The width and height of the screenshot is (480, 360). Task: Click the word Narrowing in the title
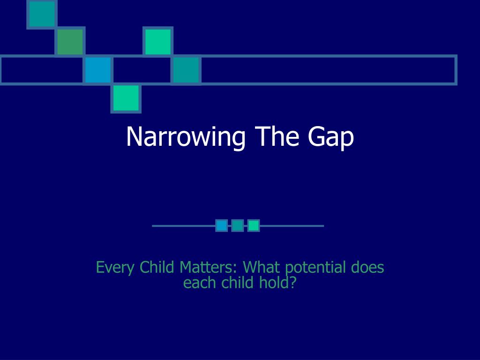click(186, 137)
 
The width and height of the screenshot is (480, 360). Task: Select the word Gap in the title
click(331, 138)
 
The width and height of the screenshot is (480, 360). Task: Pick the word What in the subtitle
click(262, 267)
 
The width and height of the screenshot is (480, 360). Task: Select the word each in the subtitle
click(200, 282)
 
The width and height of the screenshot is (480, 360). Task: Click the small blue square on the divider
click(222, 225)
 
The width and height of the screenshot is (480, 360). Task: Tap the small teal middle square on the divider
click(238, 225)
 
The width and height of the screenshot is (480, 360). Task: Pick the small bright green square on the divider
click(254, 225)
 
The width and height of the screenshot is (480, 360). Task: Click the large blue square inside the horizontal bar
click(98, 70)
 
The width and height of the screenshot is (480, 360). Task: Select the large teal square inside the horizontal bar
click(186, 70)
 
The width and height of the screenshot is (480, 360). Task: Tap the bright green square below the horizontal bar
click(126, 98)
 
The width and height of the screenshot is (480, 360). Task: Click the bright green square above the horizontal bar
click(158, 42)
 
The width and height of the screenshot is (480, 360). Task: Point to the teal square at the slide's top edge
click(42, 15)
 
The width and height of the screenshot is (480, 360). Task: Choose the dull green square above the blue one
click(70, 42)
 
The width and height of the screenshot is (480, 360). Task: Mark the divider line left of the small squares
click(184, 226)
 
